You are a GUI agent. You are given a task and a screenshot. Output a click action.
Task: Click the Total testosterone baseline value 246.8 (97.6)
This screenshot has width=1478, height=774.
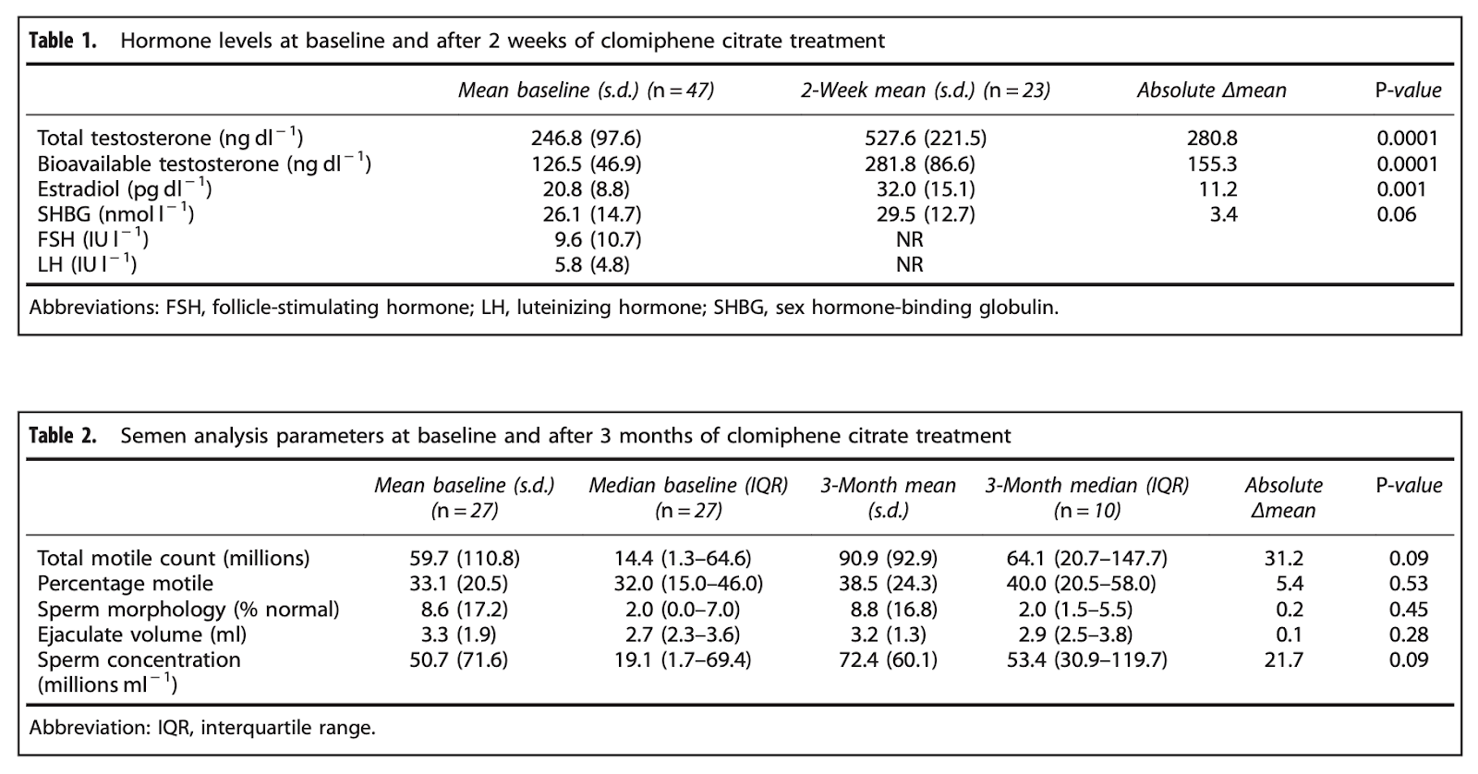586,138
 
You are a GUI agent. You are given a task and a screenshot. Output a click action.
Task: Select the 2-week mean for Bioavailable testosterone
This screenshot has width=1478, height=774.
920,163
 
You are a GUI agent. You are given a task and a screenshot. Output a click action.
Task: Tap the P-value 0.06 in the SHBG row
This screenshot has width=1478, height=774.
1396,214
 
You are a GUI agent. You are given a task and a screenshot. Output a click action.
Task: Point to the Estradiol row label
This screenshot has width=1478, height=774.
124,189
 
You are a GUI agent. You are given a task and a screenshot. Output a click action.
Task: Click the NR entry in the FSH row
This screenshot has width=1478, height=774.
909,239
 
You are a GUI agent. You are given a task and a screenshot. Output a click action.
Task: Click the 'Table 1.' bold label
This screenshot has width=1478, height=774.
63,41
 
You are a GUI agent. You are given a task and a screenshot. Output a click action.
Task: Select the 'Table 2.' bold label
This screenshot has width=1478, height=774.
63,436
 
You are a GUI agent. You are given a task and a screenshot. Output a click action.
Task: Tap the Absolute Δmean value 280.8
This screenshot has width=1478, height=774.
1212,138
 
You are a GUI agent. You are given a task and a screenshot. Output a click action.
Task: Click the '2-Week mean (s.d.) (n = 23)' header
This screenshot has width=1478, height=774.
925,90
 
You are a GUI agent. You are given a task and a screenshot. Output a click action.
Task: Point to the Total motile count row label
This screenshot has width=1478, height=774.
173,558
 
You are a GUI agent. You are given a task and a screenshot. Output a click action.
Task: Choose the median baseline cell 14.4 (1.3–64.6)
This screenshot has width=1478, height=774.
683,558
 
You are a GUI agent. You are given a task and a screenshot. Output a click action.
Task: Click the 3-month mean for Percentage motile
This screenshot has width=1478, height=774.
888,584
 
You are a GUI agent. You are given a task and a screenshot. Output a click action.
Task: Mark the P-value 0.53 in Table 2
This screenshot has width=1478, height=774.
1408,584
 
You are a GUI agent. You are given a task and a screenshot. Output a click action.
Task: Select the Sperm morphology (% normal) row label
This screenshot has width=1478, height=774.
188,609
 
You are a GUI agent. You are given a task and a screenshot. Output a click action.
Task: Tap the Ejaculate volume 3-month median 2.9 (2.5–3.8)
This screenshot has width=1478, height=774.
1075,635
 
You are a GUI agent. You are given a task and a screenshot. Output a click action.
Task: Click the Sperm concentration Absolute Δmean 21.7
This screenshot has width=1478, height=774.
1283,659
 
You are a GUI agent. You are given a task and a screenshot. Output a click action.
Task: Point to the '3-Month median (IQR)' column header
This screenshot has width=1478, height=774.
1086,486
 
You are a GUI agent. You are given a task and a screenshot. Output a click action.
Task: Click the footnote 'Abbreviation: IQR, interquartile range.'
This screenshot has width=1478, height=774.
202,728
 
